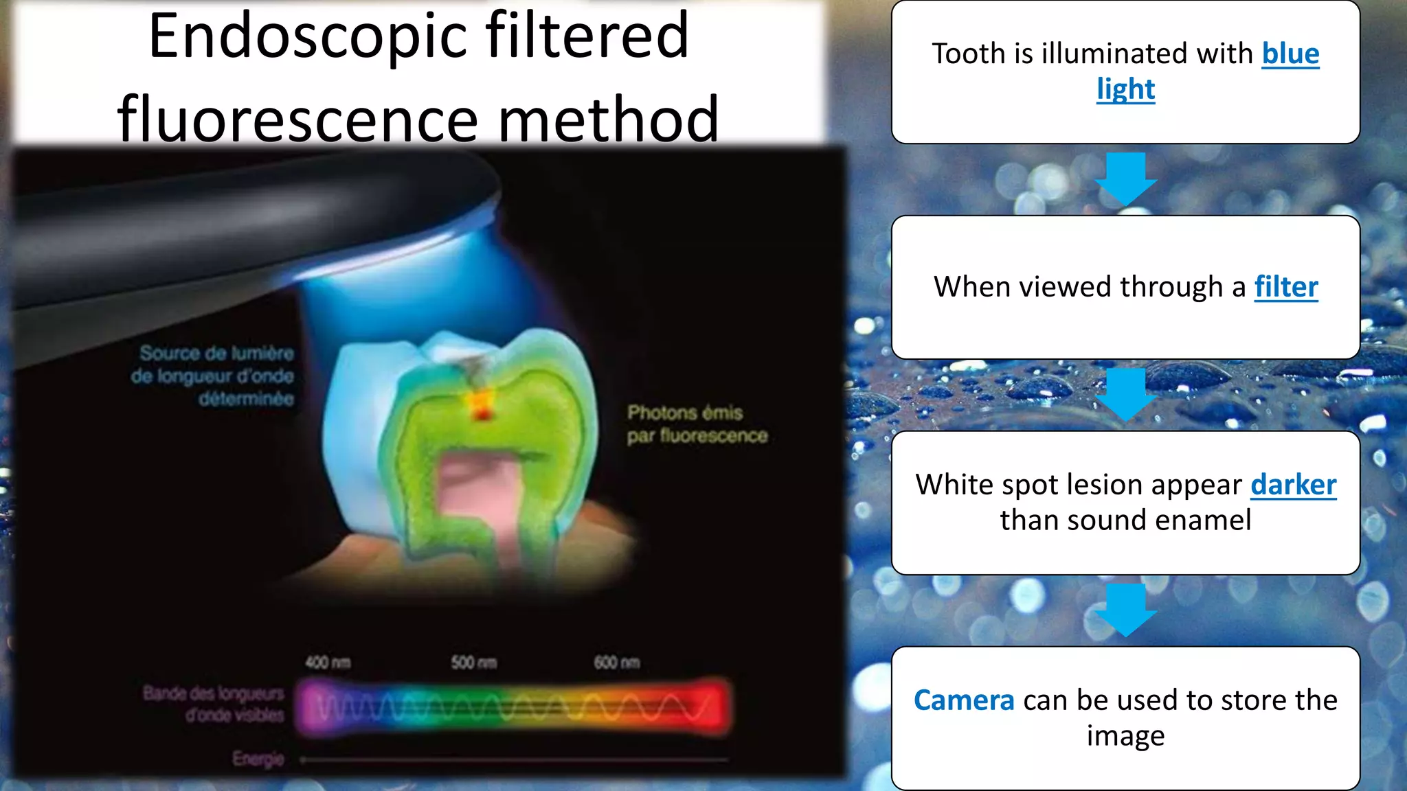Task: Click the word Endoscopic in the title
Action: [x=308, y=38]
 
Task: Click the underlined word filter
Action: [x=1285, y=287]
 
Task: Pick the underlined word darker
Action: [x=1293, y=485]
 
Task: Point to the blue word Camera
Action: [x=963, y=700]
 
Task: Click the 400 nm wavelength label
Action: [x=328, y=663]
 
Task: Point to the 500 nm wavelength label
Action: [x=473, y=663]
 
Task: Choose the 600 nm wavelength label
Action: [x=616, y=663]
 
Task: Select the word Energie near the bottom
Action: [x=258, y=759]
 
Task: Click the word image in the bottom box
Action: [x=1125, y=736]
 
